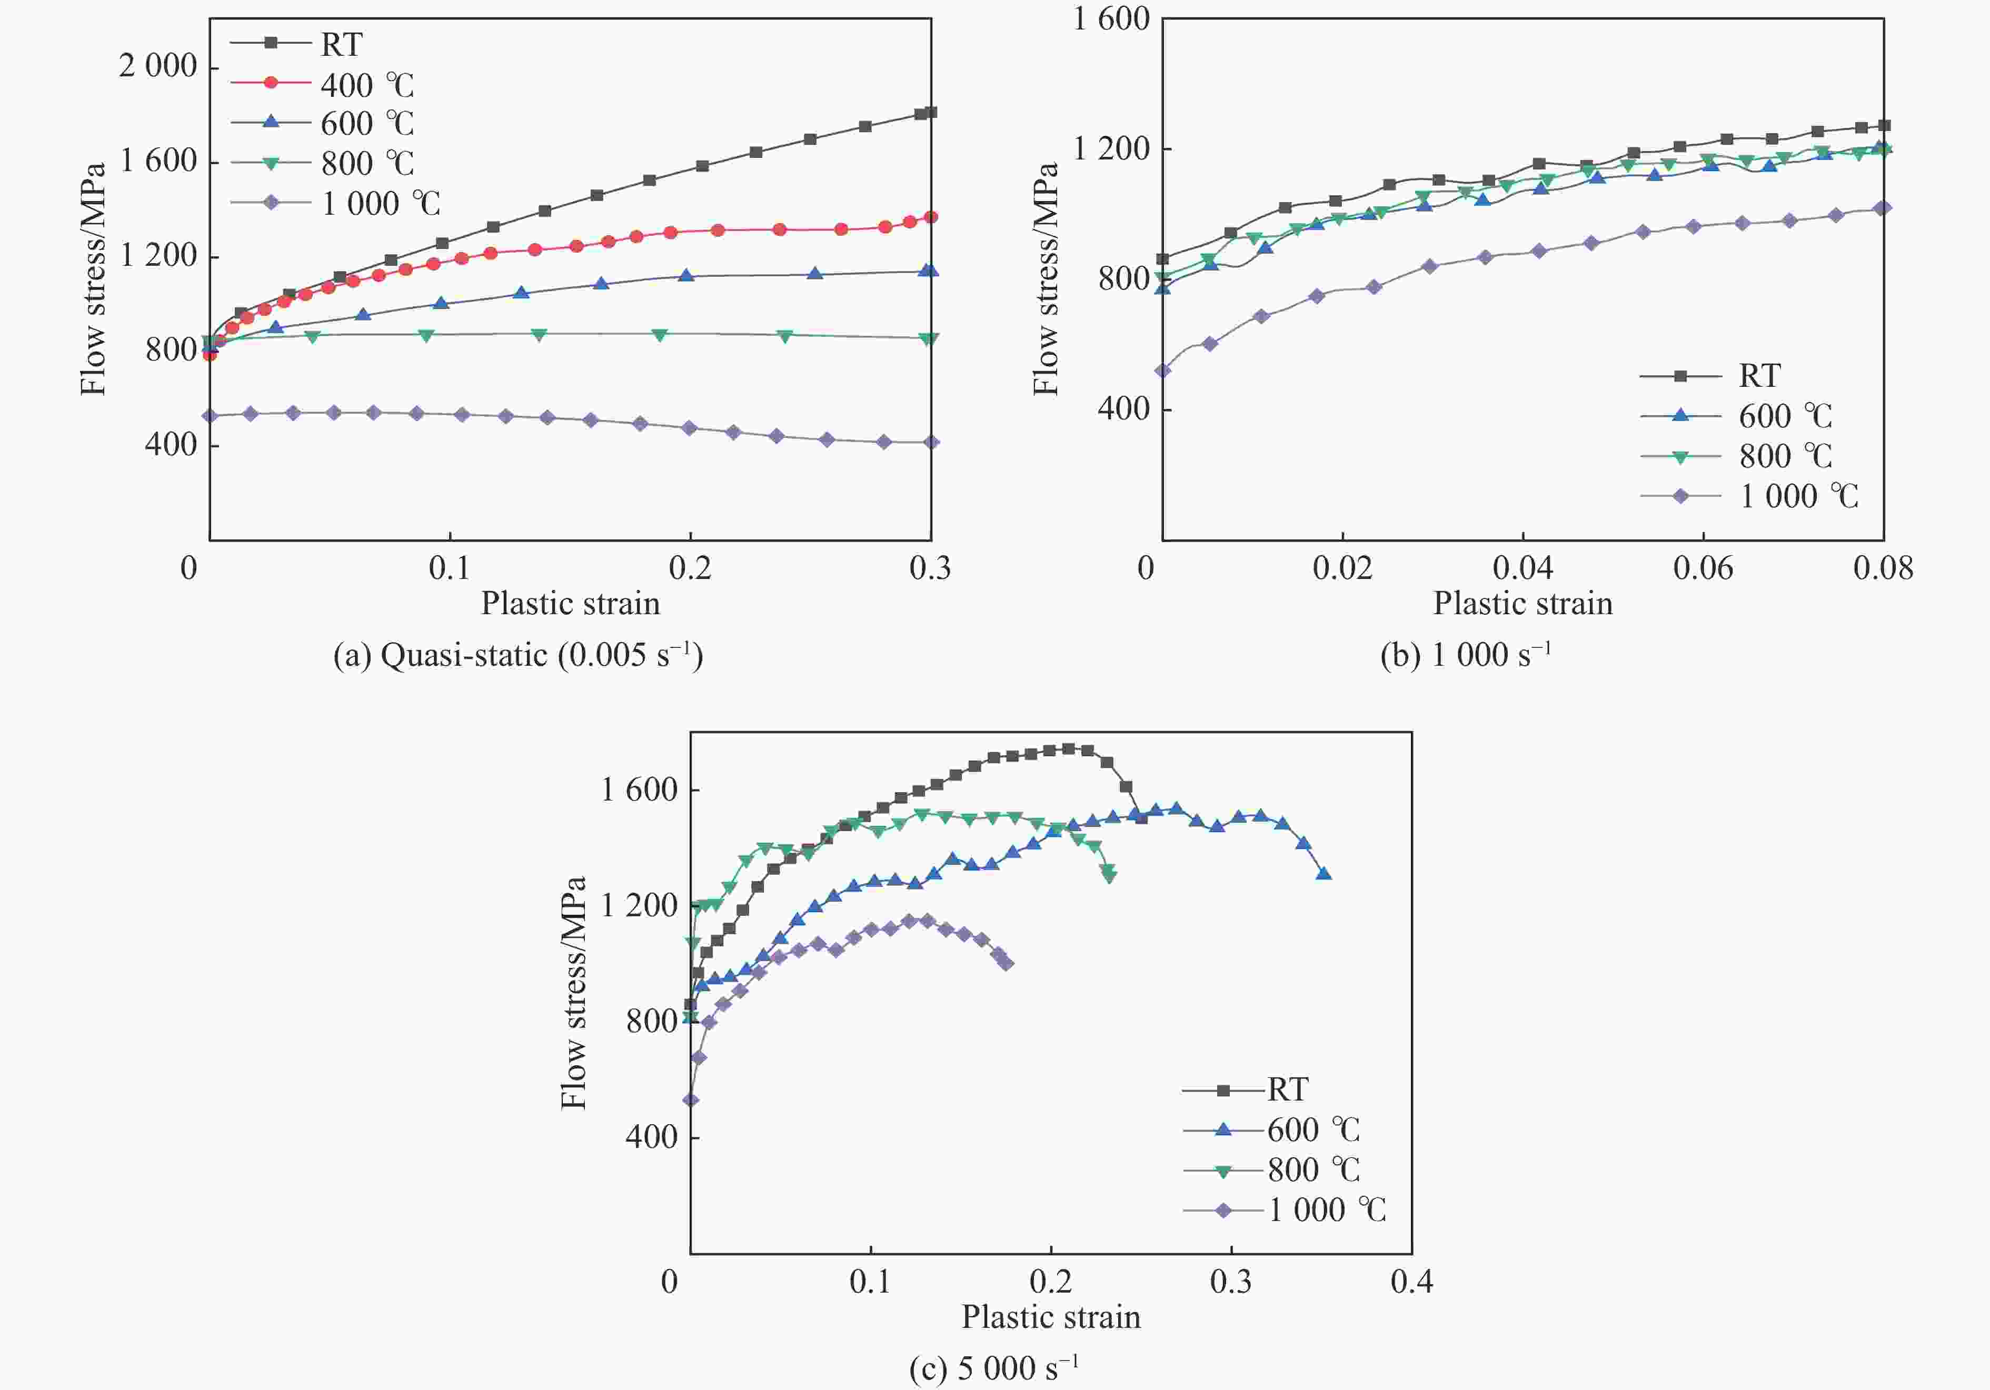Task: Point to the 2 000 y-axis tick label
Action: [x=158, y=66]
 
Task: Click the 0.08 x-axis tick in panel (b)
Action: [x=1883, y=568]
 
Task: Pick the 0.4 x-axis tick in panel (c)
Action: [x=1411, y=1282]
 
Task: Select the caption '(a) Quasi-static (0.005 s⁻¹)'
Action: [x=518, y=655]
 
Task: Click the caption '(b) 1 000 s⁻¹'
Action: [x=1465, y=655]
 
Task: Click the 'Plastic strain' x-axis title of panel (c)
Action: [x=1050, y=1317]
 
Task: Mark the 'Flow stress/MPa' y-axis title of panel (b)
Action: [x=1046, y=279]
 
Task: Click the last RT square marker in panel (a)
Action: [x=931, y=112]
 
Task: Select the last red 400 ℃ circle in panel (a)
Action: [x=931, y=217]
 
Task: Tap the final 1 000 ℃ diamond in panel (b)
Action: [x=1882, y=208]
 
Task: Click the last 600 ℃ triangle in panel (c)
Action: [x=1324, y=874]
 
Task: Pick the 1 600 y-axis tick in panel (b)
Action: [x=1111, y=19]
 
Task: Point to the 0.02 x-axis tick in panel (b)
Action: [x=1342, y=568]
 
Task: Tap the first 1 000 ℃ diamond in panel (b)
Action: [x=1163, y=371]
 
